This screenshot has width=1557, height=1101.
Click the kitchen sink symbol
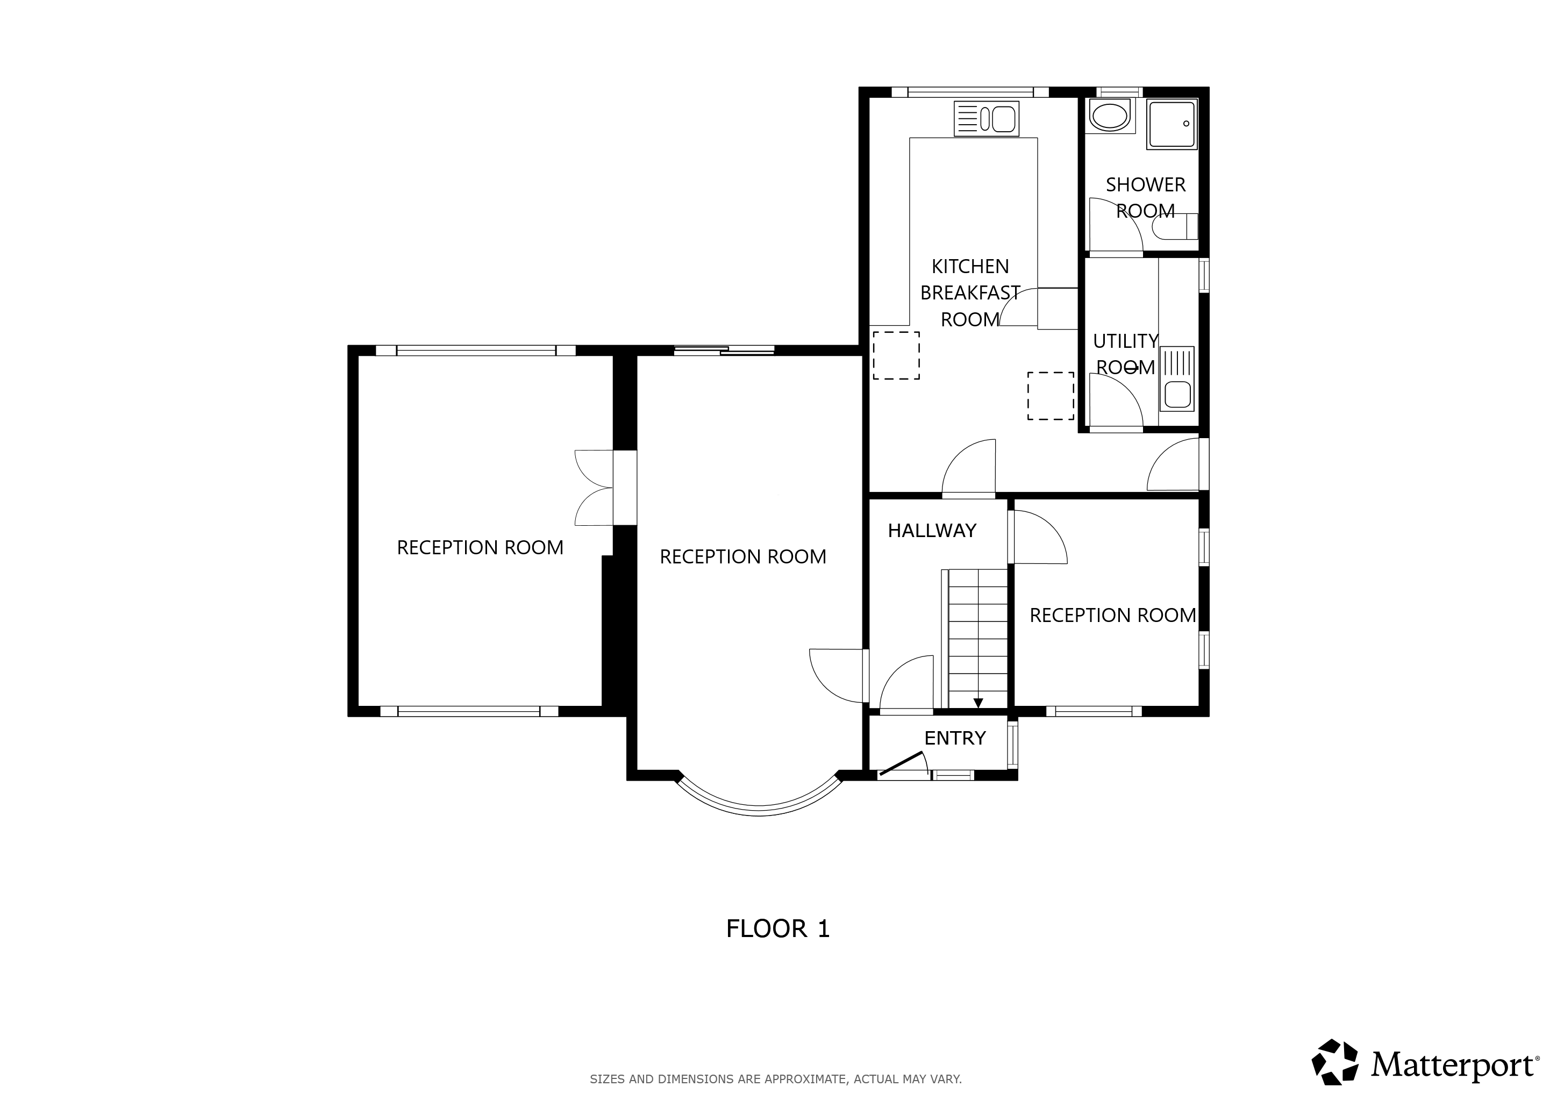point(986,119)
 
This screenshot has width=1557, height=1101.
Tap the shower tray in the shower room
point(1172,124)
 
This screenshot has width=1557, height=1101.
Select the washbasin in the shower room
point(1110,116)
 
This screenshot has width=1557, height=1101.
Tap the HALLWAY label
point(932,531)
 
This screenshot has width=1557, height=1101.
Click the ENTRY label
point(955,738)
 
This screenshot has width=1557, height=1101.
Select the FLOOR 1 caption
point(778,929)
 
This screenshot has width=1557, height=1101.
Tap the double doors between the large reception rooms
point(594,488)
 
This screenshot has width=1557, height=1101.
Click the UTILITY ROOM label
point(1125,354)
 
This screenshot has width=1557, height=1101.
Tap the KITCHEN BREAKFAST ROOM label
point(970,293)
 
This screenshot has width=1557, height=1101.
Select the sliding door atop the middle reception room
point(724,351)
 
